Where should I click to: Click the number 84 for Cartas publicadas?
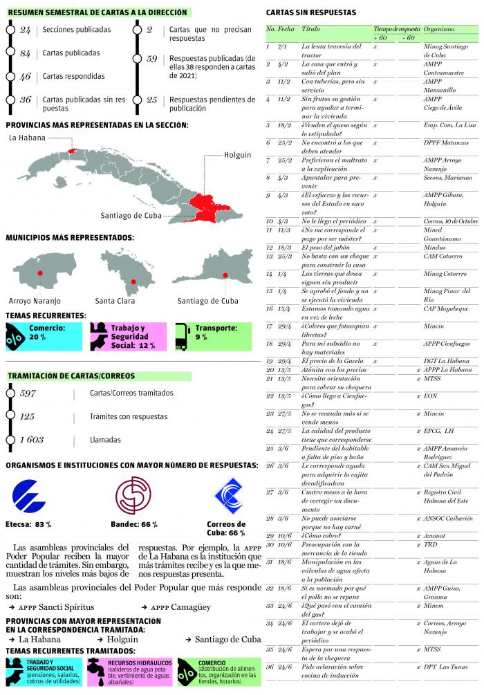point(25,54)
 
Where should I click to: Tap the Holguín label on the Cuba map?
point(237,156)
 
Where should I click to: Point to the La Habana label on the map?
point(26,138)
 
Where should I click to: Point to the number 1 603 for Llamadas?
point(31,440)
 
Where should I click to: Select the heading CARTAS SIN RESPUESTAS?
point(311,13)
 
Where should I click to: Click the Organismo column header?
point(439,30)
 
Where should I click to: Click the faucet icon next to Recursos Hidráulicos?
point(95,669)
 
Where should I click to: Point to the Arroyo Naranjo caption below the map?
point(35,302)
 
